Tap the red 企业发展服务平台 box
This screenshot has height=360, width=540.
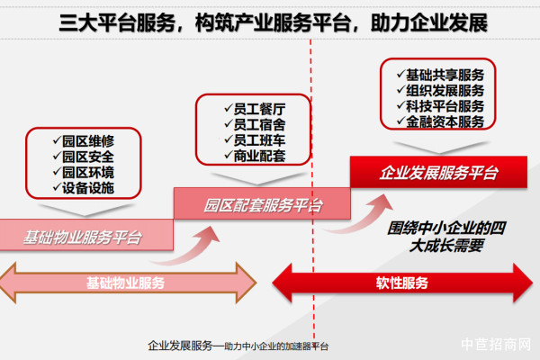coord(438,172)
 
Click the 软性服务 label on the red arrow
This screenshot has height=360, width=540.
coord(401,283)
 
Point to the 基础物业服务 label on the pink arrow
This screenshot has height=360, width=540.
coord(125,283)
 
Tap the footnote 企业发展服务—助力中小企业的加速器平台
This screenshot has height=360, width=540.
coord(238,345)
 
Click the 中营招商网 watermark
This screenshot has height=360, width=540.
coord(496,344)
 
